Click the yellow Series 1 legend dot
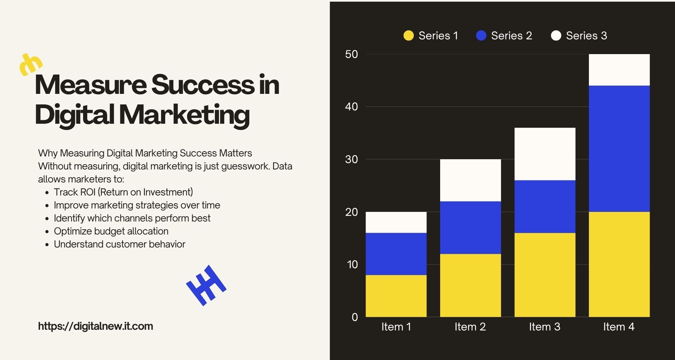(x=408, y=36)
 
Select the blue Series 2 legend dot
(x=481, y=36)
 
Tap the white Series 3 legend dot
(x=556, y=36)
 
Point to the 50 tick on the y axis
(x=351, y=54)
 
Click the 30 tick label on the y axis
(x=351, y=160)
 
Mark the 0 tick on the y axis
(x=355, y=317)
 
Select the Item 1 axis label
(x=396, y=327)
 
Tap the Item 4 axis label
(x=619, y=327)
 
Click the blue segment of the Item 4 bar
(x=619, y=148)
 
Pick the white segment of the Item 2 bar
(x=470, y=180)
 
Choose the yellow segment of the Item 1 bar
(x=396, y=296)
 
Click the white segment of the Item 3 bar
(x=545, y=154)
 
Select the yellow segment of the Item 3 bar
(x=545, y=275)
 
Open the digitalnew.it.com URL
(x=95, y=326)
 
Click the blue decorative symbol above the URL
(x=206, y=285)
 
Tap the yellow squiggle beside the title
(x=31, y=64)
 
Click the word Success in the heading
(x=202, y=85)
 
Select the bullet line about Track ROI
(x=123, y=192)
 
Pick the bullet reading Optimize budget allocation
(x=111, y=231)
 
